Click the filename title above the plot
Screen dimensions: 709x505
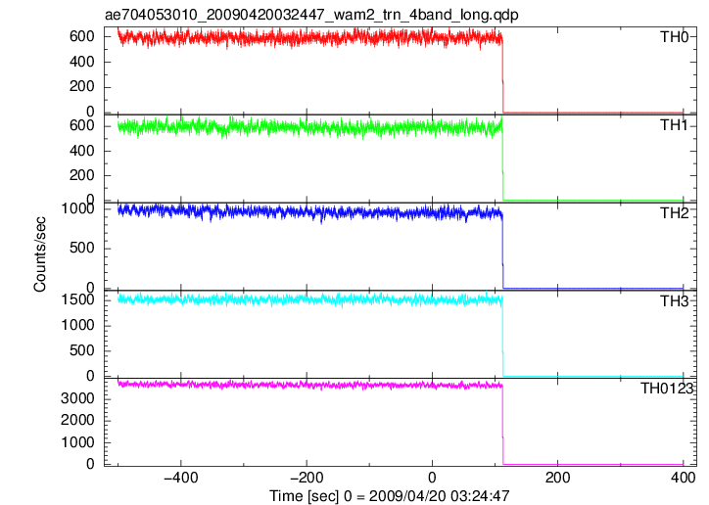point(311,15)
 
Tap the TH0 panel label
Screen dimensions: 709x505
point(674,36)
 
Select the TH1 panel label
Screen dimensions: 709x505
point(674,125)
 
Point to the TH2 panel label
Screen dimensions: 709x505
point(674,213)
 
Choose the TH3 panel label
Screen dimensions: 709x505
point(674,301)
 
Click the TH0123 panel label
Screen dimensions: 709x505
point(667,388)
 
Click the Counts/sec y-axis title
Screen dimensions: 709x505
point(40,254)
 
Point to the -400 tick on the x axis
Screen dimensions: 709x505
point(181,477)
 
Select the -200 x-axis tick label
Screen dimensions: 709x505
point(307,477)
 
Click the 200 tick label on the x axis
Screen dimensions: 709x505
point(558,477)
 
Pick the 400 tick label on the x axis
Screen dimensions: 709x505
point(684,477)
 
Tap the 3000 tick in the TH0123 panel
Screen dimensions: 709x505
point(77,398)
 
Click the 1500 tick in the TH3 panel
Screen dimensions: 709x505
point(77,299)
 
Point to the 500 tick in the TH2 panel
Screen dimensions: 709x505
point(82,248)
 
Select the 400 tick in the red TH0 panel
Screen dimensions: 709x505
point(82,62)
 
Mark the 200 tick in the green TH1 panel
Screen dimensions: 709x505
point(82,175)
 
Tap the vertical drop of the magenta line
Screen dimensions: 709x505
point(502,425)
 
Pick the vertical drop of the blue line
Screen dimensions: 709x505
point(502,252)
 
